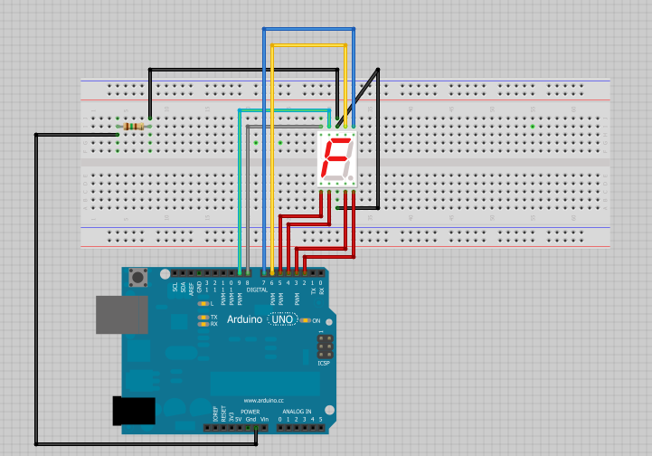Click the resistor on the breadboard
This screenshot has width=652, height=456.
(135, 126)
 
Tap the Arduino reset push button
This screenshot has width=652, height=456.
(138, 278)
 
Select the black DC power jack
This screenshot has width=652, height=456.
(132, 411)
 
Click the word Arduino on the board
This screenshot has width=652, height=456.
(244, 319)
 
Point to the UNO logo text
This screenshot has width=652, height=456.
(283, 319)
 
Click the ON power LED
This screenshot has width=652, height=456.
(307, 320)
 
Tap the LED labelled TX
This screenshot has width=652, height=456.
(203, 317)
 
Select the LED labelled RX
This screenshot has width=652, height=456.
(203, 324)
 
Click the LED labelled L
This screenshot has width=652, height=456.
(203, 304)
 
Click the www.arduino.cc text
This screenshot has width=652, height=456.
(264, 401)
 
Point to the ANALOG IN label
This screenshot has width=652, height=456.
(298, 411)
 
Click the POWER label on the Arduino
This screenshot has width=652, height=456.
(250, 411)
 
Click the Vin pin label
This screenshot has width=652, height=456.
(263, 420)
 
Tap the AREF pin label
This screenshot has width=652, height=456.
(192, 287)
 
